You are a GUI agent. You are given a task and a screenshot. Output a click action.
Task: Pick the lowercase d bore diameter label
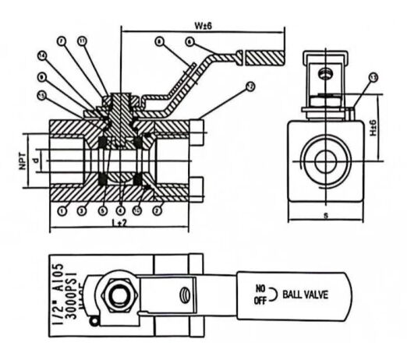(37, 161)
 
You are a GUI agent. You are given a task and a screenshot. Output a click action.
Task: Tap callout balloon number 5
(102, 210)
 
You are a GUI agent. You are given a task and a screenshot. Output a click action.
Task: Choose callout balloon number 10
(138, 210)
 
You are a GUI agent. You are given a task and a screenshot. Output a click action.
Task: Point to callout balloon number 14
(43, 55)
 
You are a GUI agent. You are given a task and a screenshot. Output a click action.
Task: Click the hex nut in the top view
(120, 295)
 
